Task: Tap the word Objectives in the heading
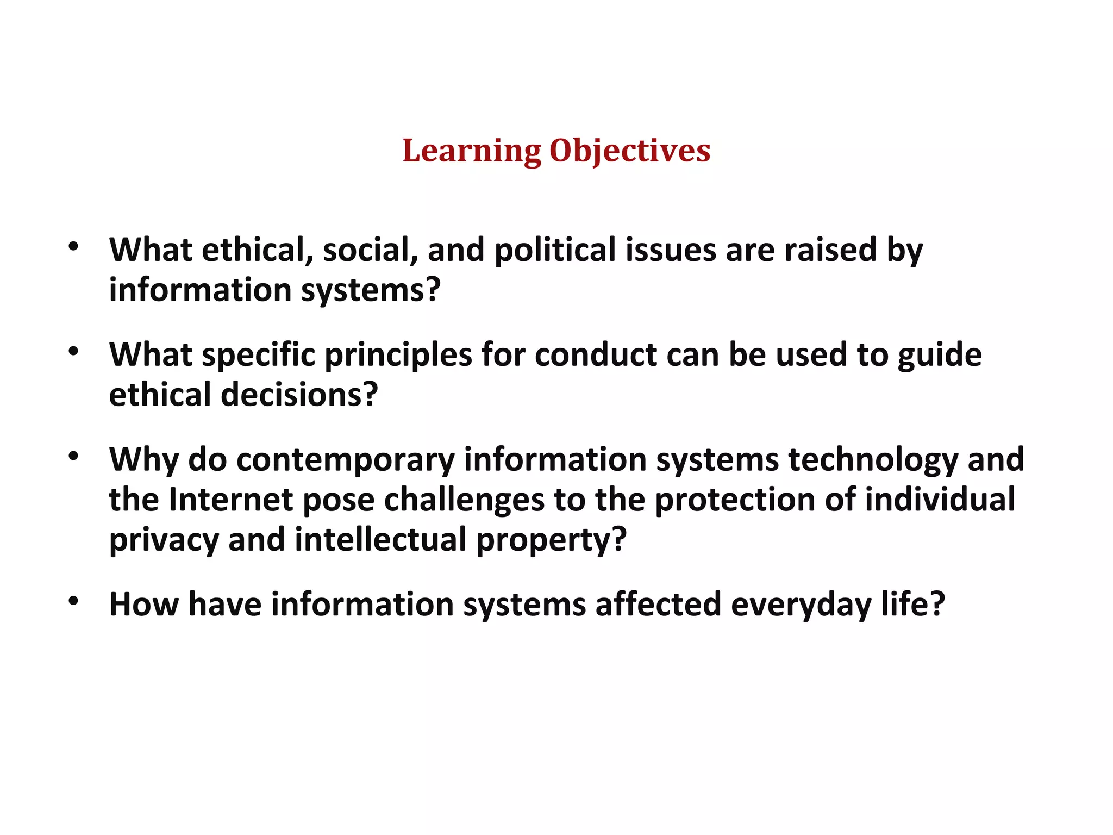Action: tap(630, 151)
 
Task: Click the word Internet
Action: tap(231, 500)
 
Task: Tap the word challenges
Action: tap(464, 500)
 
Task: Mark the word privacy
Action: tap(164, 540)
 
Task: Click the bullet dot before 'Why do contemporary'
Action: tap(74, 456)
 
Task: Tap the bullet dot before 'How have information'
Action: tap(74, 601)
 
